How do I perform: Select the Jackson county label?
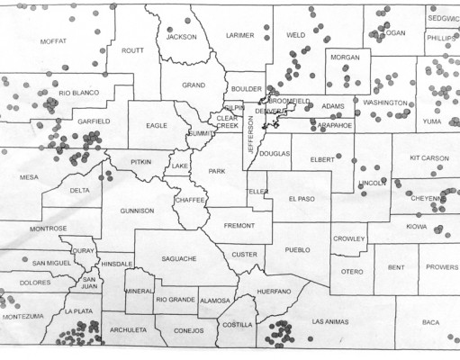point(181,37)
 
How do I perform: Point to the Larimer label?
point(239,35)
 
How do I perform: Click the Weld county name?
point(295,35)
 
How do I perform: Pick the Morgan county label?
point(345,57)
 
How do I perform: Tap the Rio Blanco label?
point(78,93)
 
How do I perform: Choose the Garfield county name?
point(93,121)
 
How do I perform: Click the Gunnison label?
point(137,211)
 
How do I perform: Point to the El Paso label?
point(302,199)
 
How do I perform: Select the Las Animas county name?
point(329,321)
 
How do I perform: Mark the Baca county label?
point(430,321)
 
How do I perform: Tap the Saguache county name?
point(179,258)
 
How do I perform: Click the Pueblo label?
point(296,249)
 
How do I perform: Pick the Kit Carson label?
point(428,158)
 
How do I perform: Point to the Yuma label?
point(433,121)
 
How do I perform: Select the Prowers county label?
point(441,267)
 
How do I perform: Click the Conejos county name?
point(188,329)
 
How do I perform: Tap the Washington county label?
point(384,103)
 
